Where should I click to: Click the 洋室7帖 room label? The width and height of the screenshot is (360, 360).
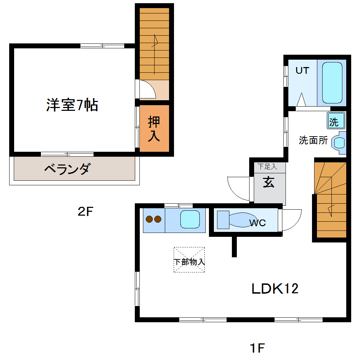[72, 105]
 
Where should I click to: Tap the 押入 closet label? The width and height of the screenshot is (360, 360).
[154, 129]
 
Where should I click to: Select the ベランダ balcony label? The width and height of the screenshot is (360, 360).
[67, 169]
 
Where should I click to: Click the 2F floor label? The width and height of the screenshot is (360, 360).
[85, 212]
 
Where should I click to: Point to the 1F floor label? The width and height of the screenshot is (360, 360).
[257, 348]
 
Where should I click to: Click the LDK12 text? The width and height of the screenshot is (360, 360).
[275, 289]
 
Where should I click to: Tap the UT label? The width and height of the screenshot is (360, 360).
[302, 71]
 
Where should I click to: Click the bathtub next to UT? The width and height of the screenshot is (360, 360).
[332, 83]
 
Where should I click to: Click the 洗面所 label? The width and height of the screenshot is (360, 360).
[313, 140]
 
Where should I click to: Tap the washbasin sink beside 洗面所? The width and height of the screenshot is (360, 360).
[339, 143]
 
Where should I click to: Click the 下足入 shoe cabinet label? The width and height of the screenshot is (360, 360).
[267, 167]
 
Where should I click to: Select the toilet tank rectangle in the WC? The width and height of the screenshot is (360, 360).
[223, 220]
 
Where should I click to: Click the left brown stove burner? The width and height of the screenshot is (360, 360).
[149, 219]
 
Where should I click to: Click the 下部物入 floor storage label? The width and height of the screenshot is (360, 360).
[189, 262]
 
